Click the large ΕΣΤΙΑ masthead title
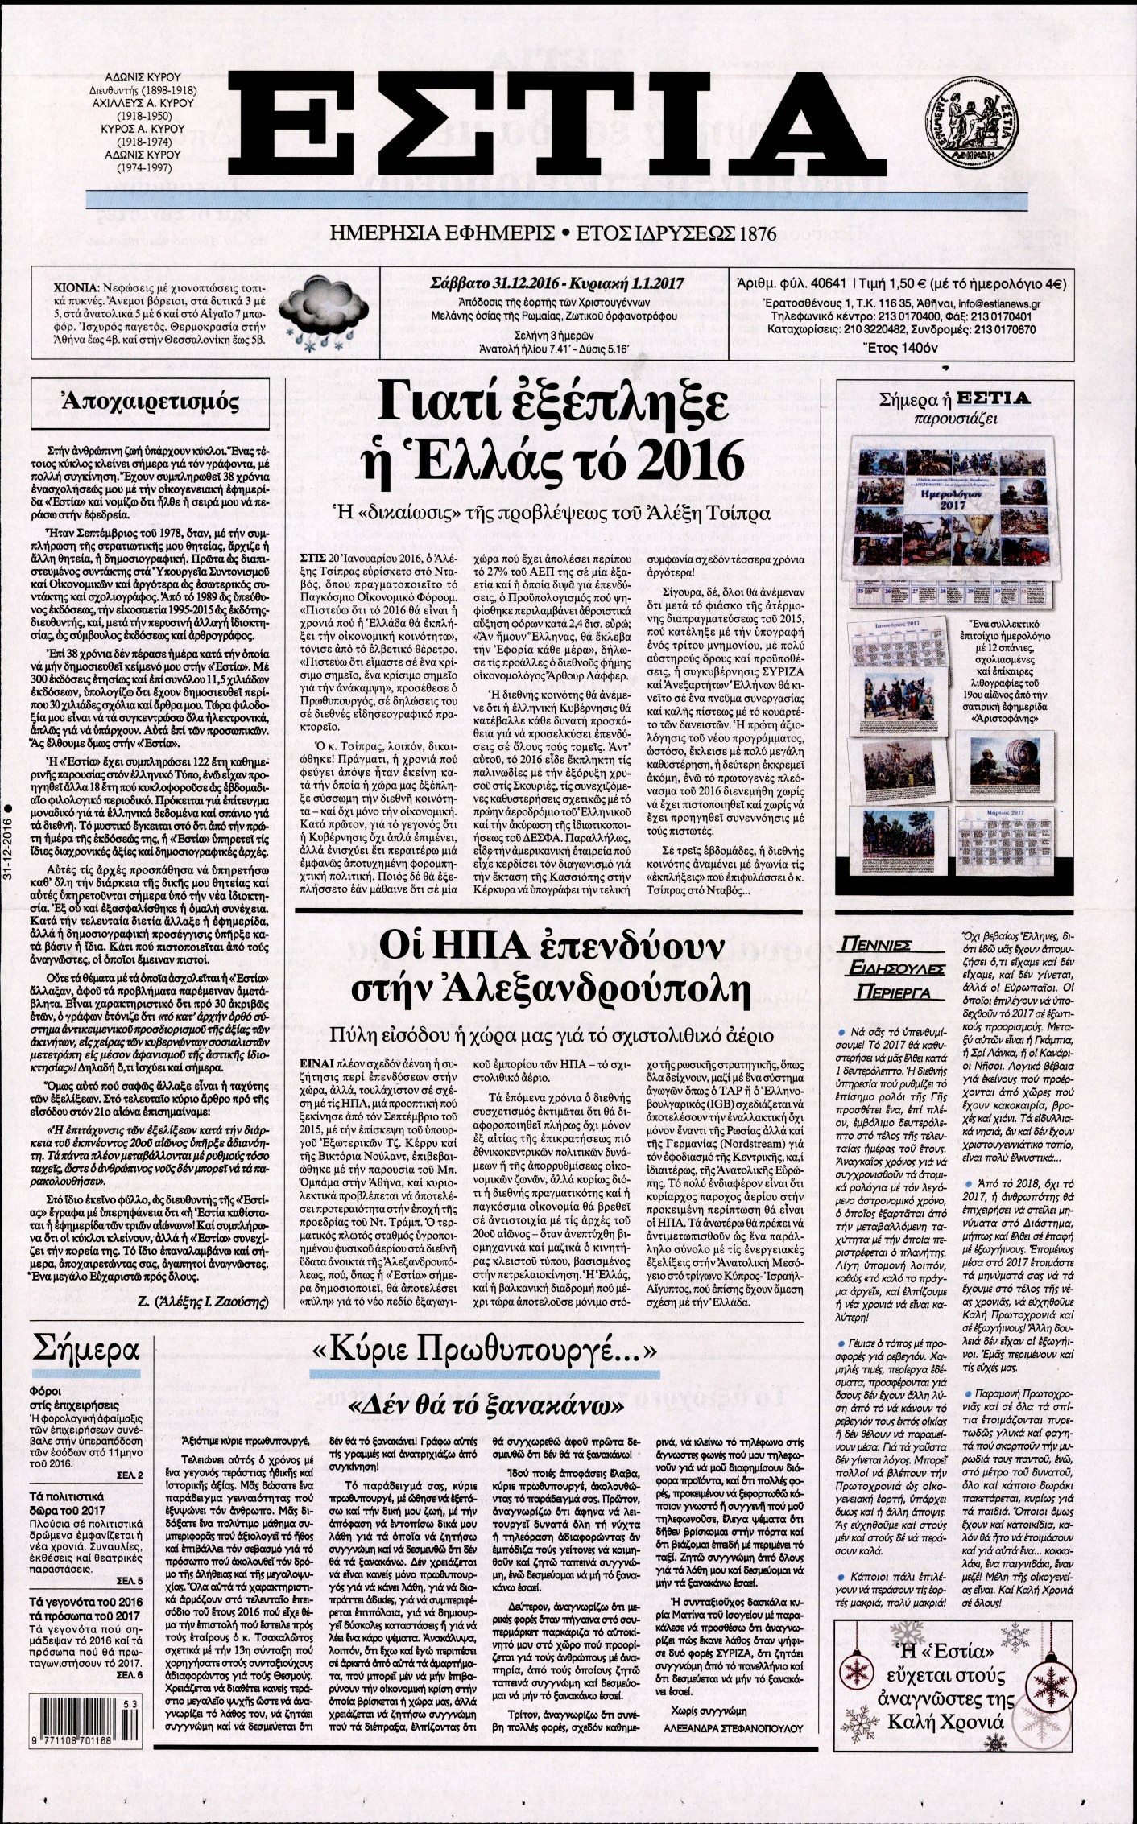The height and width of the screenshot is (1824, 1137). coord(564,128)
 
